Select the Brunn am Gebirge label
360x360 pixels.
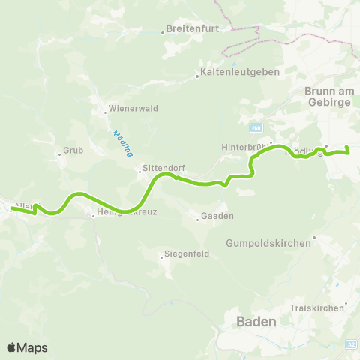(328, 97)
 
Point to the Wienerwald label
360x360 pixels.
(132, 107)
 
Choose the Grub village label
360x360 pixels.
(73, 150)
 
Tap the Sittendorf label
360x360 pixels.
(163, 169)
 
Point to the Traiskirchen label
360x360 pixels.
(317, 308)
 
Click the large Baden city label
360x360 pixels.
(256, 321)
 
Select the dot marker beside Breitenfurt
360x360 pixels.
(163, 32)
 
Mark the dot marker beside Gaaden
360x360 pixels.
(197, 218)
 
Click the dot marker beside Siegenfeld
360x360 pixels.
(161, 256)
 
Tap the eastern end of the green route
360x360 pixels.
(349, 152)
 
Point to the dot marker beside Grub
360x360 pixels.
(59, 155)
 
